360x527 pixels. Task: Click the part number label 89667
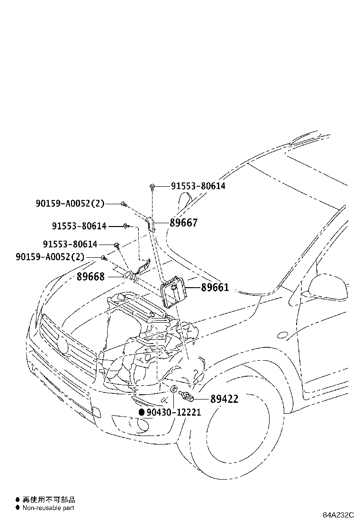(x=184, y=223)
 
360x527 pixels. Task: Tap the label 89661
(x=215, y=287)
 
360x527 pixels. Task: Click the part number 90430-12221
(x=173, y=412)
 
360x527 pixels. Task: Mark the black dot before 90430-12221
(x=141, y=412)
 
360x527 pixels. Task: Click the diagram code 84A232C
(x=339, y=515)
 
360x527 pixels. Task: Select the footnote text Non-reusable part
(x=48, y=508)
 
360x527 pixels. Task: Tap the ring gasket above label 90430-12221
(x=174, y=390)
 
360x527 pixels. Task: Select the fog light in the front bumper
(x=134, y=425)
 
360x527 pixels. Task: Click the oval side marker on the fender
(x=282, y=335)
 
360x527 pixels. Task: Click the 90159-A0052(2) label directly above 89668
(x=50, y=257)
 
